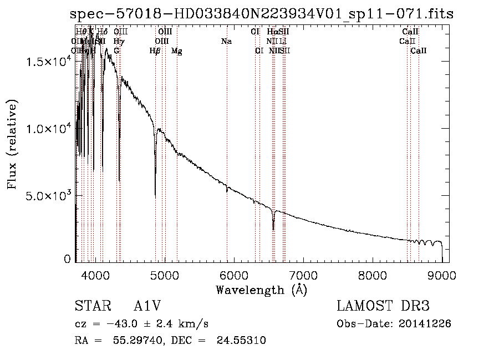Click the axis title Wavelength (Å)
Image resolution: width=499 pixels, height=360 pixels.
click(x=261, y=290)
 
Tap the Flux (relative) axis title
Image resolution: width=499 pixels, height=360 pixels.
click(x=12, y=144)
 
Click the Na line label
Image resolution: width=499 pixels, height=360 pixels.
click(x=226, y=42)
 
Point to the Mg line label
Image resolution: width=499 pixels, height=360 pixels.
click(x=176, y=51)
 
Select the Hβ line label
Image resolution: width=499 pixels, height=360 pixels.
click(x=155, y=51)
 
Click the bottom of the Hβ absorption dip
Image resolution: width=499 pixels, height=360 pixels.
click(x=155, y=196)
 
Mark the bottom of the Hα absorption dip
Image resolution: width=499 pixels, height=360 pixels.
click(x=273, y=229)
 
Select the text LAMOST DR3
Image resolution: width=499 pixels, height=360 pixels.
click(x=383, y=307)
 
